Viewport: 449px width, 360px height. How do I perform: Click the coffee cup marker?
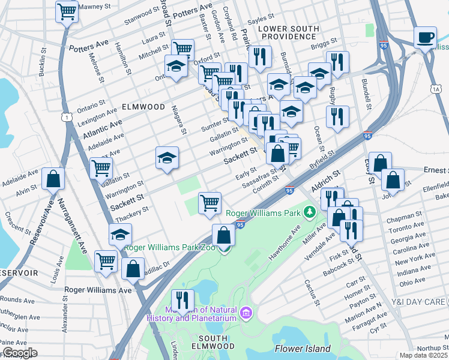coord(426,38)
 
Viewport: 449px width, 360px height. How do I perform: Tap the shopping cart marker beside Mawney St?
coord(67,11)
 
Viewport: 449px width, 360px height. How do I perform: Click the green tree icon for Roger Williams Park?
coord(310,212)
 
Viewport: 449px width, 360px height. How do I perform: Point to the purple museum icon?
coord(246,313)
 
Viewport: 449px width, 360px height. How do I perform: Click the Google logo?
coord(20,353)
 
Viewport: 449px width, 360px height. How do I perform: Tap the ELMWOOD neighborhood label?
coord(143,106)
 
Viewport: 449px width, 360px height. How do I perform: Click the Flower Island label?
coord(303,349)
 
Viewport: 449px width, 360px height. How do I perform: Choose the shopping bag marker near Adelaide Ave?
coord(53,178)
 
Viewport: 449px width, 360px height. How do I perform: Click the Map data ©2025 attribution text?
coord(424,355)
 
